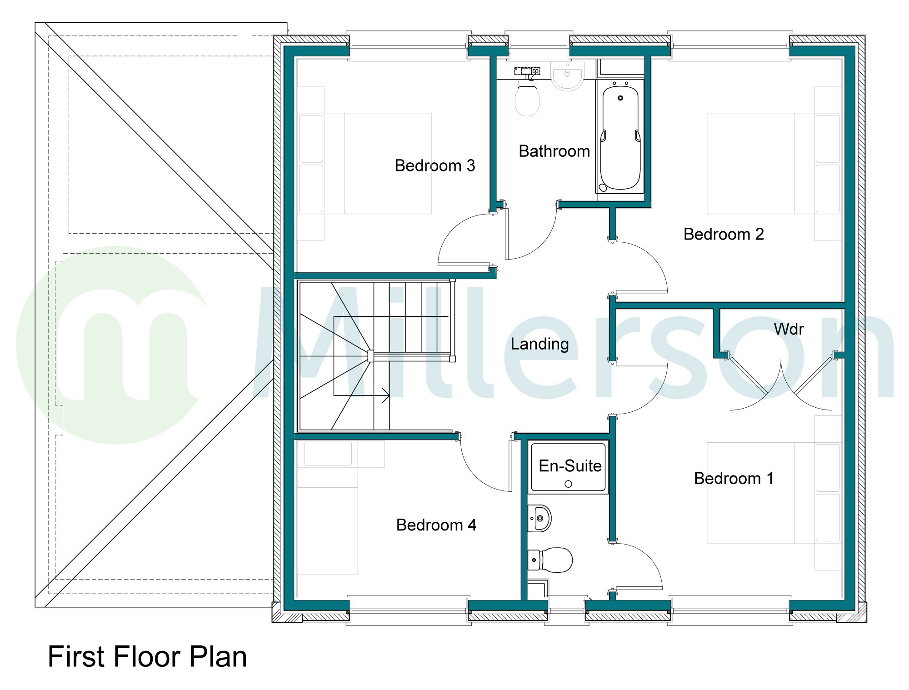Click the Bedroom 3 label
(x=435, y=166)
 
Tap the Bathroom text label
(x=554, y=151)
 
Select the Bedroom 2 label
(x=724, y=235)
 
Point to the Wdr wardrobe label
(x=789, y=329)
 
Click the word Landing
(x=539, y=344)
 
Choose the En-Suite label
(x=570, y=466)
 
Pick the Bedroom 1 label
(x=734, y=479)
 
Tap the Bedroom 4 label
(x=436, y=525)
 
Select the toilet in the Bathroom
(x=527, y=100)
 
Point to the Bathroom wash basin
(x=567, y=75)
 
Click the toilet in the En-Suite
(x=552, y=560)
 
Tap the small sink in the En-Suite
(x=539, y=518)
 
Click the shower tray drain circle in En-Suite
(x=568, y=484)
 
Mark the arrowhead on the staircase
(x=387, y=395)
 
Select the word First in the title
(x=77, y=657)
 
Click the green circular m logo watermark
(x=114, y=345)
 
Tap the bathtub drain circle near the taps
(x=620, y=98)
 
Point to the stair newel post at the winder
(x=371, y=356)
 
